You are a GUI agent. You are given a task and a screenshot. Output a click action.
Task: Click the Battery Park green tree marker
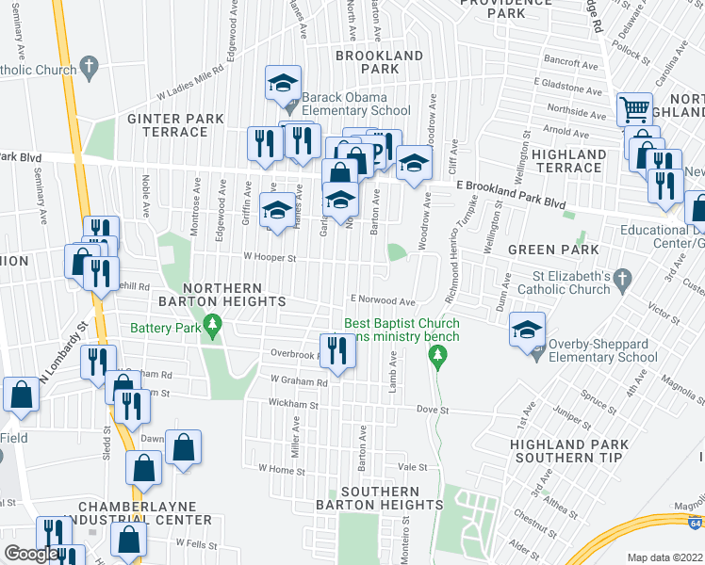214,328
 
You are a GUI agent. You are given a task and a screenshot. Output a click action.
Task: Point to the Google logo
30,554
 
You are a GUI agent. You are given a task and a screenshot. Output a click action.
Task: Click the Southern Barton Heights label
391,498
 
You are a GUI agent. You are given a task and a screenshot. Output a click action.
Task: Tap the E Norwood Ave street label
384,301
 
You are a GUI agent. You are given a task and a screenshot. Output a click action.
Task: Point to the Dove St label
434,410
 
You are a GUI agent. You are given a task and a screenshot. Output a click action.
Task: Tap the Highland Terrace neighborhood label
569,161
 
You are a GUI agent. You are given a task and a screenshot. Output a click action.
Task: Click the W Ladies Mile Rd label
189,81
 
